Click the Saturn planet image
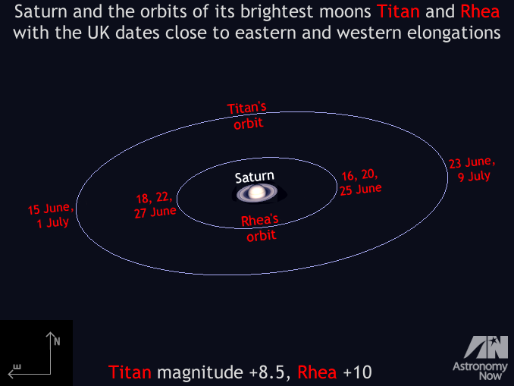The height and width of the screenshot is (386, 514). pyautogui.click(x=257, y=193)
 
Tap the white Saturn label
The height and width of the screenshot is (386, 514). pyautogui.click(x=255, y=177)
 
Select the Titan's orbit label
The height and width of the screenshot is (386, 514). pyautogui.click(x=247, y=116)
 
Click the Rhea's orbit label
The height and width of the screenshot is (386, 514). pyautogui.click(x=260, y=228)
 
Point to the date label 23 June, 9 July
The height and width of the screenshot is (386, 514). pyautogui.click(x=472, y=169)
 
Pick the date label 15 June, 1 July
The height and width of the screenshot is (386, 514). pyautogui.click(x=50, y=215)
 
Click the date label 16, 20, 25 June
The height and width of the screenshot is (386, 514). pyautogui.click(x=360, y=182)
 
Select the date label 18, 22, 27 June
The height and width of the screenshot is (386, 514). pyautogui.click(x=155, y=205)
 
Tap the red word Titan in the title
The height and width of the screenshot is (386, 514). pyautogui.click(x=398, y=12)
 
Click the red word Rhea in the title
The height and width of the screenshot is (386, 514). pyautogui.click(x=480, y=12)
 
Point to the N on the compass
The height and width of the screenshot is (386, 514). pyautogui.click(x=57, y=342)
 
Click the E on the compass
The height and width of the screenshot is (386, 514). pyautogui.click(x=17, y=367)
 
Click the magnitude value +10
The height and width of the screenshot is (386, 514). pyautogui.click(x=357, y=372)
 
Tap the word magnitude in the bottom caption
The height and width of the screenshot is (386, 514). pyautogui.click(x=200, y=372)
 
